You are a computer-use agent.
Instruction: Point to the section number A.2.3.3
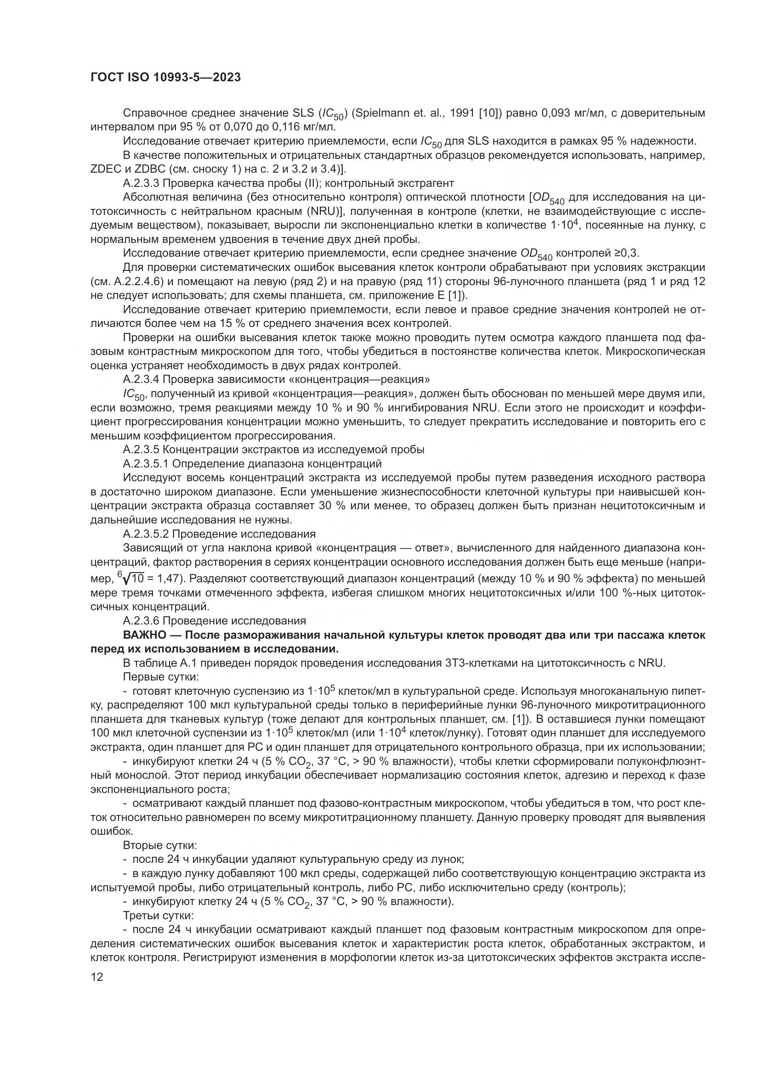click(141, 183)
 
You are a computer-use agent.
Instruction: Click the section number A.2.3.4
click(141, 378)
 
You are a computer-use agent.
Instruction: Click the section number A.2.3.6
click(141, 621)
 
